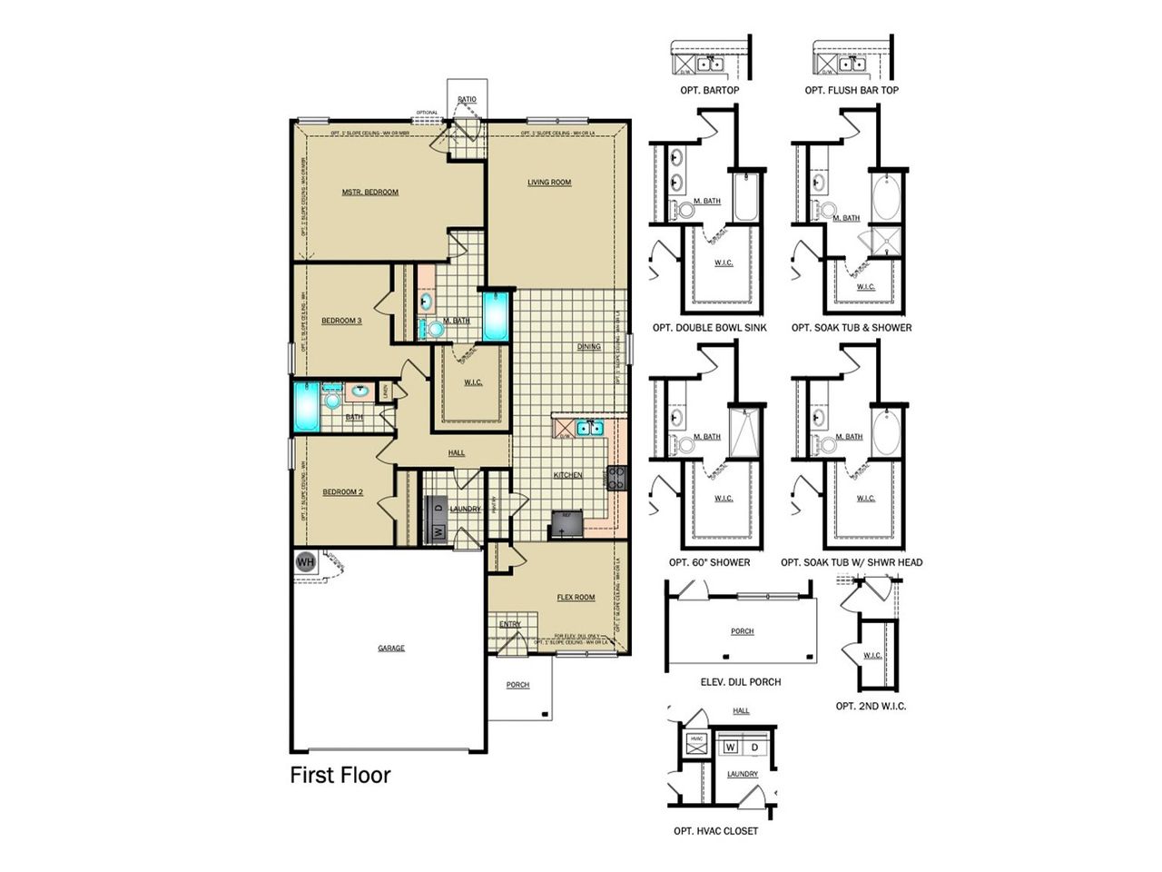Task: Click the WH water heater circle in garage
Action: click(306, 562)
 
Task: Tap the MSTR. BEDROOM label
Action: click(369, 193)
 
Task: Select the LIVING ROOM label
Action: click(549, 183)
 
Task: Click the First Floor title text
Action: click(340, 775)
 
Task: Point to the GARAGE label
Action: click(391, 649)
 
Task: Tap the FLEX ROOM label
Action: click(576, 598)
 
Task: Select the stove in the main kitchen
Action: click(616, 478)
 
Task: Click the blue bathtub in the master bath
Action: click(497, 315)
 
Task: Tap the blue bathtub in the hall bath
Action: click(306, 406)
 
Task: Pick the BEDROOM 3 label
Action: click(341, 321)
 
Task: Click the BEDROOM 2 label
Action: click(342, 492)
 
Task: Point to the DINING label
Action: click(588, 347)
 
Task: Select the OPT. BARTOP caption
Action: click(709, 91)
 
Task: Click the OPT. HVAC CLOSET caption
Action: click(715, 831)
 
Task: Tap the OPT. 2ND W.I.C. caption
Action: click(871, 706)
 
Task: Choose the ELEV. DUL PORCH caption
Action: click(741, 682)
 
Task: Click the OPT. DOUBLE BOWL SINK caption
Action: click(709, 328)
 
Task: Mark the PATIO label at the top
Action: click(467, 100)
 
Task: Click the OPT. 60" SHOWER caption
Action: click(709, 562)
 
